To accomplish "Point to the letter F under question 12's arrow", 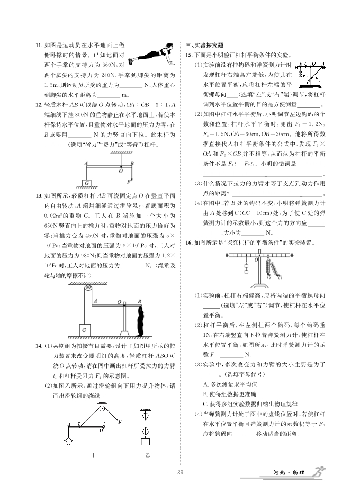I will pyautogui.click(x=130, y=184).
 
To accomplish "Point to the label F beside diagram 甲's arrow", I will pyautogui.click(x=120, y=422).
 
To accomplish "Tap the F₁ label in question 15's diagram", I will pyautogui.click(x=318, y=79).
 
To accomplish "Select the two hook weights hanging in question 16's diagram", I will pyautogui.click(x=246, y=267).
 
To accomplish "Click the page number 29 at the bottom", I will pyautogui.click(x=180, y=472).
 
